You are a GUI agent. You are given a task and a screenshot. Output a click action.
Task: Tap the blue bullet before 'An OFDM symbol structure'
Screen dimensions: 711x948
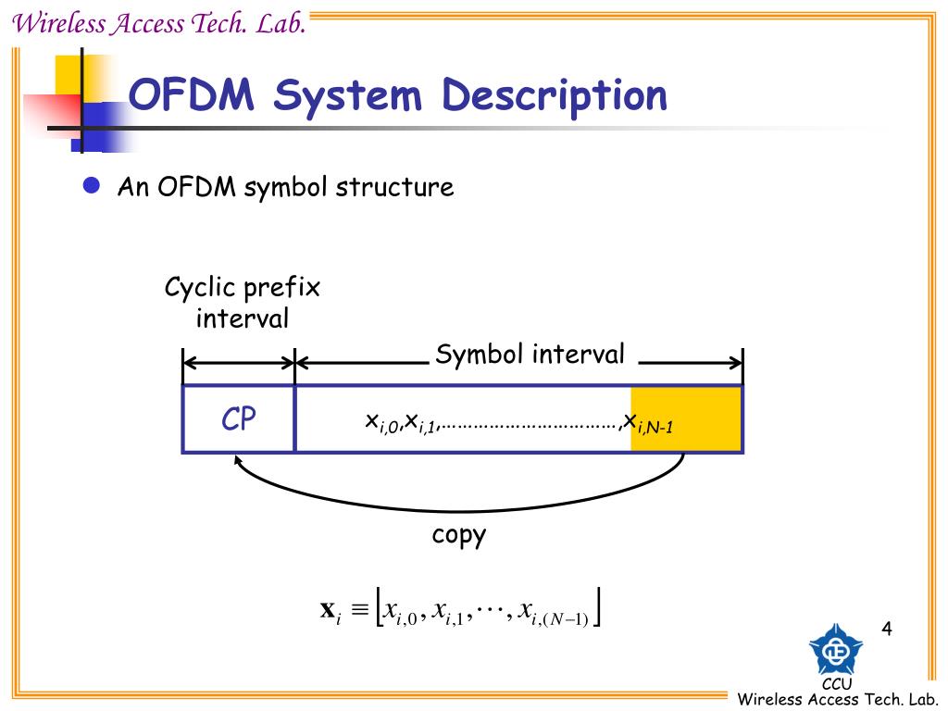[91, 186]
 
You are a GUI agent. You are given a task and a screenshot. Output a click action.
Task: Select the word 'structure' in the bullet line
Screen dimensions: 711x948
[394, 187]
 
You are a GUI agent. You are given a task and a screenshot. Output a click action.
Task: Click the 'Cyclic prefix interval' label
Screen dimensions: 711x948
[243, 303]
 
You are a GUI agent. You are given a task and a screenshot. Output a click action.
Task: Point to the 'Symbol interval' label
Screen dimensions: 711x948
[530, 354]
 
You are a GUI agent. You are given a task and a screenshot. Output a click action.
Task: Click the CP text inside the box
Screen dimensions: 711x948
[238, 419]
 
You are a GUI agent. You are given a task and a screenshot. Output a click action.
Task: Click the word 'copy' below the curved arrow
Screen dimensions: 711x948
[458, 535]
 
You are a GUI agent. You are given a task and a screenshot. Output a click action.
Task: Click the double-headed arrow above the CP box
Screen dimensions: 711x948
[239, 364]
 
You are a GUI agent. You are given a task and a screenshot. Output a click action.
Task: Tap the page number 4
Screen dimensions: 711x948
[886, 630]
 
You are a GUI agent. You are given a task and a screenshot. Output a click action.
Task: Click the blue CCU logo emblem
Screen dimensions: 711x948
[835, 649]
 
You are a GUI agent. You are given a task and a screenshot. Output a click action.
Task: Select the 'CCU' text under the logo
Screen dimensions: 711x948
[836, 684]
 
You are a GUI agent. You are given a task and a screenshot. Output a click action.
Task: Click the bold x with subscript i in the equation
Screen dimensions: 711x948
[331, 610]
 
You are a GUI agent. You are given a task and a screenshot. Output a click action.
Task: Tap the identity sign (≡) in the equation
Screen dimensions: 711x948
[360, 610]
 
